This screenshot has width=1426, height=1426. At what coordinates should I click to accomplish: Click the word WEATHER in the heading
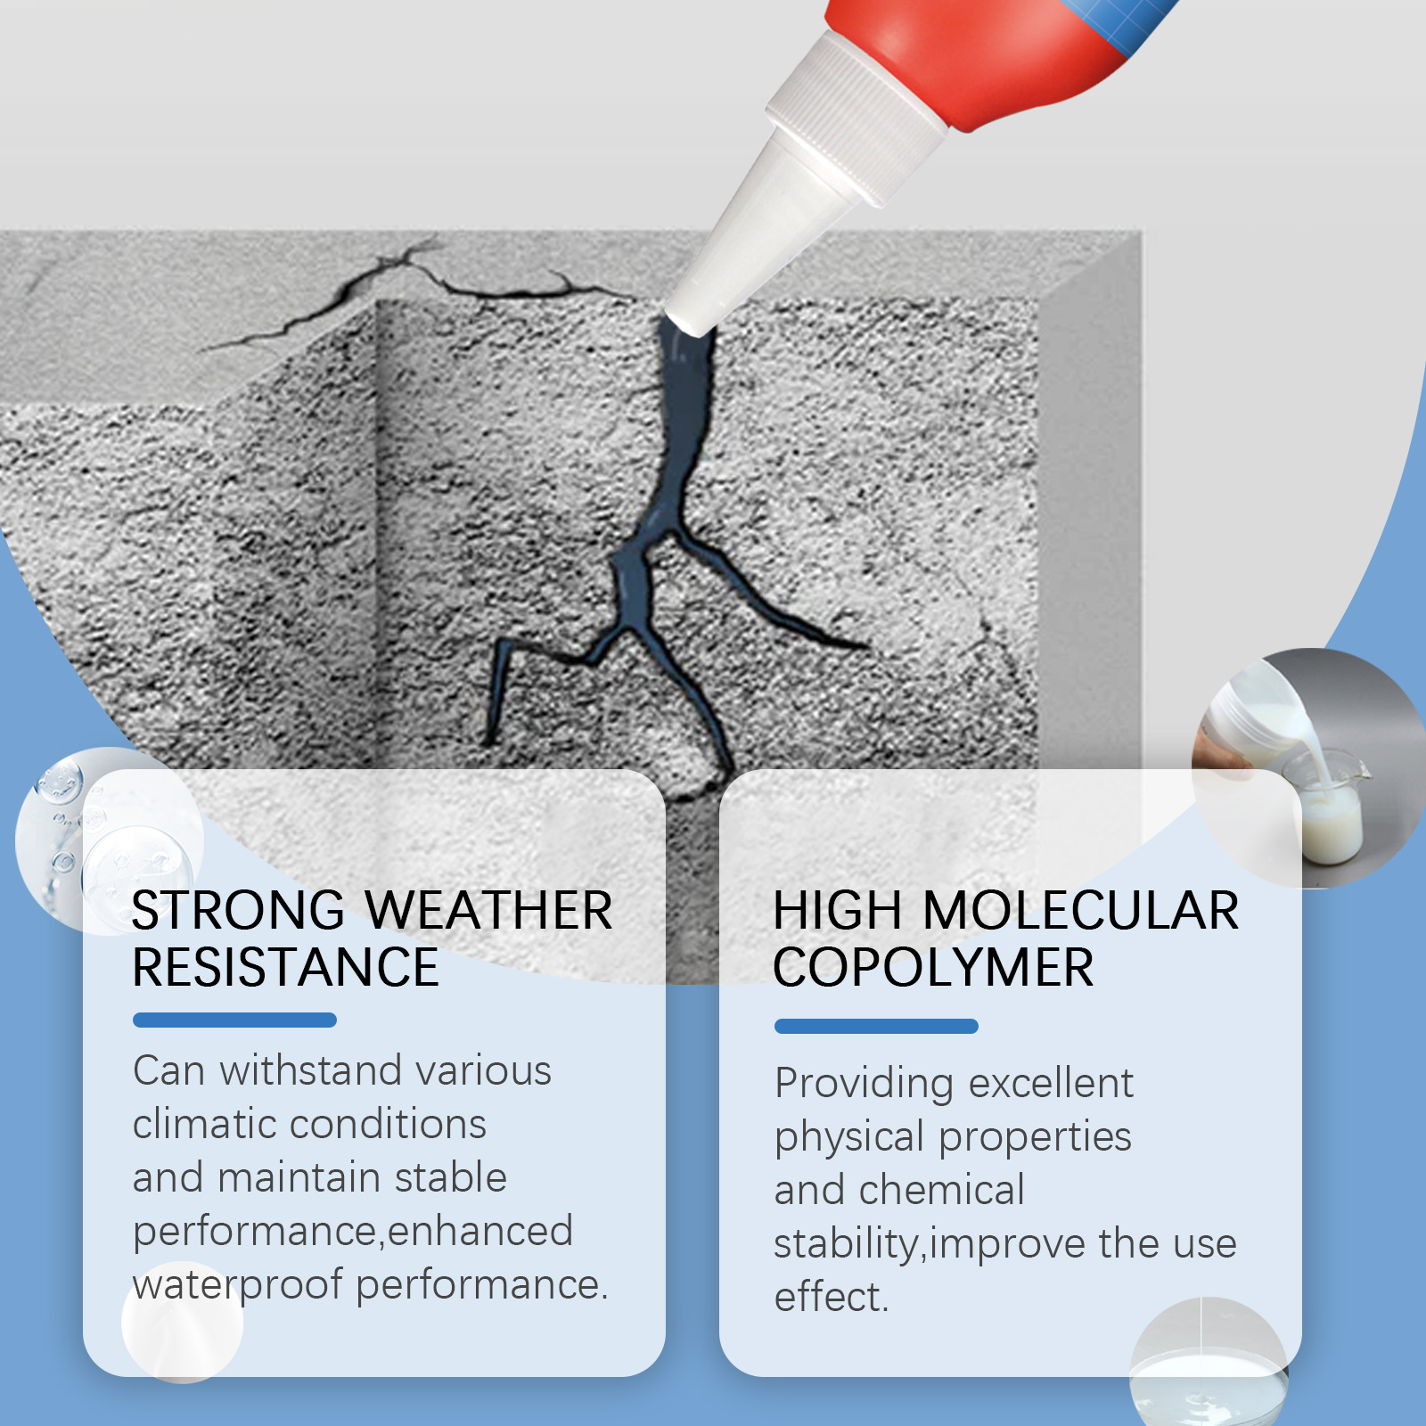(x=488, y=910)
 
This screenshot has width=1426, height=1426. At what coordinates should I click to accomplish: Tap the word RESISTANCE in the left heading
(x=286, y=967)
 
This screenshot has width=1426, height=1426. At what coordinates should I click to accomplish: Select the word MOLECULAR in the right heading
(x=1080, y=910)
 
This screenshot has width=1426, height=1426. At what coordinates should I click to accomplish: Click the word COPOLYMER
(x=933, y=968)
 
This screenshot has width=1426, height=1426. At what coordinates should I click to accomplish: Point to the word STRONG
(x=238, y=910)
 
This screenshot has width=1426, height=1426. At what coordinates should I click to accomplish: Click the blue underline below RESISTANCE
(x=234, y=1020)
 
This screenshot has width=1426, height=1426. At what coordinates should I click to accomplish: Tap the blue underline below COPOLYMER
(x=876, y=1026)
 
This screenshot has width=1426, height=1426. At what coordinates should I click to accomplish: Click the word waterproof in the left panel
(x=238, y=1285)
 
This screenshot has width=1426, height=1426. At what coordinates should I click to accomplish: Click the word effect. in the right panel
(x=832, y=1297)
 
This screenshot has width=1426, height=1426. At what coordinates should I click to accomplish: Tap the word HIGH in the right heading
(x=838, y=910)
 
